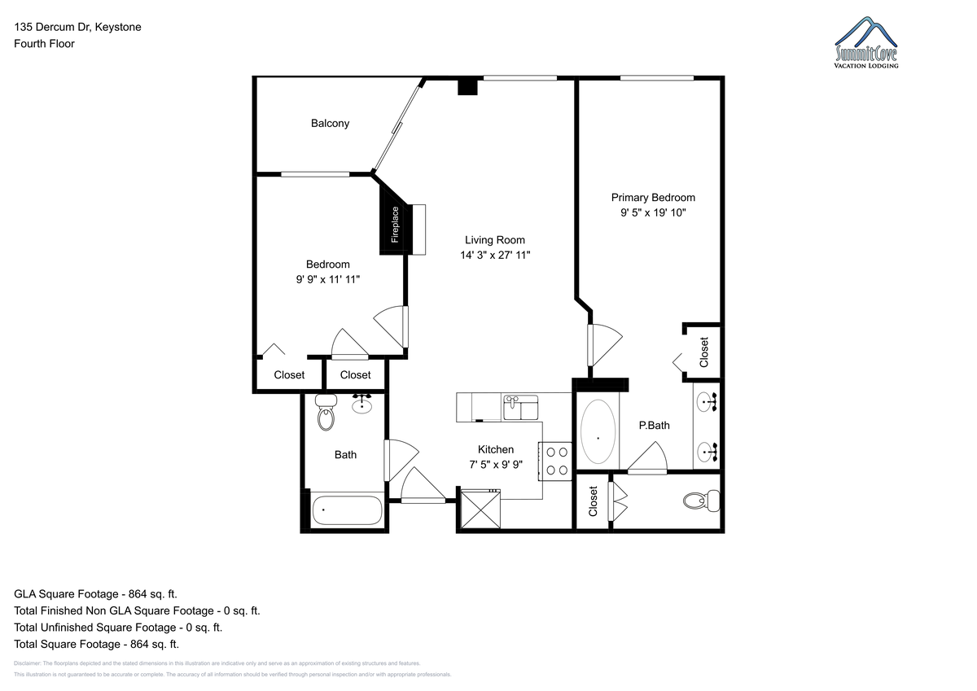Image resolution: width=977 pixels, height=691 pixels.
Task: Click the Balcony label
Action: pos(330,124)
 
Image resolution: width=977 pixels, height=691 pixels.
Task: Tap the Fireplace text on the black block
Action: pos(395,225)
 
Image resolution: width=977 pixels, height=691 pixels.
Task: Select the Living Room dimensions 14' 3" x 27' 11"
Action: pos(495,255)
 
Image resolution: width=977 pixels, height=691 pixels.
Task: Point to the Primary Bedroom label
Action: pos(653,198)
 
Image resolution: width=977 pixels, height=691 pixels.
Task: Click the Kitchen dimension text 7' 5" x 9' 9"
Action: pos(496,465)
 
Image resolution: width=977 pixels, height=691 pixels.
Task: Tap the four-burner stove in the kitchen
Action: pos(554,461)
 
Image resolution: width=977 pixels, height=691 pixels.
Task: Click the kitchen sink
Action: pos(520,408)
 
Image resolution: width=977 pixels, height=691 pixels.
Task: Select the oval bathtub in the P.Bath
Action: pos(598,431)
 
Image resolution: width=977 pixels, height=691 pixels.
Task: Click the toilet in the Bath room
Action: pos(326,412)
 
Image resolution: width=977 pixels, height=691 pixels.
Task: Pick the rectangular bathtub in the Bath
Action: pos(347,510)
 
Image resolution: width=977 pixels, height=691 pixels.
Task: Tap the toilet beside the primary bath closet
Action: pos(701,501)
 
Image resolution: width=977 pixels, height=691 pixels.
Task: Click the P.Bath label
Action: pos(654,425)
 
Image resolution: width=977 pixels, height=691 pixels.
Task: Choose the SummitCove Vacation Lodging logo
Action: pos(865,42)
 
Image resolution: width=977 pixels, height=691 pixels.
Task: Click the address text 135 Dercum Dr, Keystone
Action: pos(77,27)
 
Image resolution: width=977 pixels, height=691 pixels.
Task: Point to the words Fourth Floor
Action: pos(44,44)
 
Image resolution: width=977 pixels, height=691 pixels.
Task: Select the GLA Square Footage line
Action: pos(95,594)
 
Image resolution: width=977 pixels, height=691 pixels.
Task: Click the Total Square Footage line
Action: pos(96,644)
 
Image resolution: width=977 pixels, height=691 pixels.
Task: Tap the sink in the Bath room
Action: pos(362,405)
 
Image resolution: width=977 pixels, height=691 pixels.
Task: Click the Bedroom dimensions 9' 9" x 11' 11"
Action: pos(327,279)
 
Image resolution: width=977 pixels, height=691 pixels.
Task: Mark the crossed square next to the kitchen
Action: pos(480,509)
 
